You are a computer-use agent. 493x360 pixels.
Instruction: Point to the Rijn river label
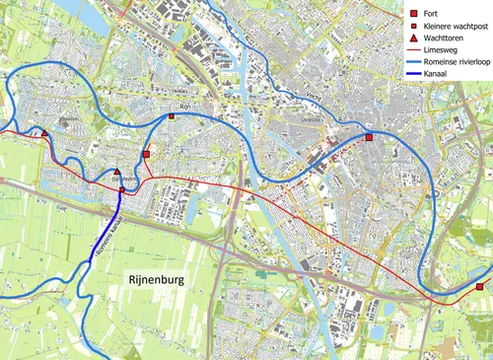point(182,106)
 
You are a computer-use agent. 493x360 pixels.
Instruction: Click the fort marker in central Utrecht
point(369,138)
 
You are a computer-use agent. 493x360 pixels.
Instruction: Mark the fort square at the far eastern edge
point(480,287)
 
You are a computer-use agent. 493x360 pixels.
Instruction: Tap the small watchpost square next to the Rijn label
point(172,116)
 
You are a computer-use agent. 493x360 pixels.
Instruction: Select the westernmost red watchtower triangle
point(44,132)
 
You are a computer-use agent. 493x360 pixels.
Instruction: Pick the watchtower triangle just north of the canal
point(117,172)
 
